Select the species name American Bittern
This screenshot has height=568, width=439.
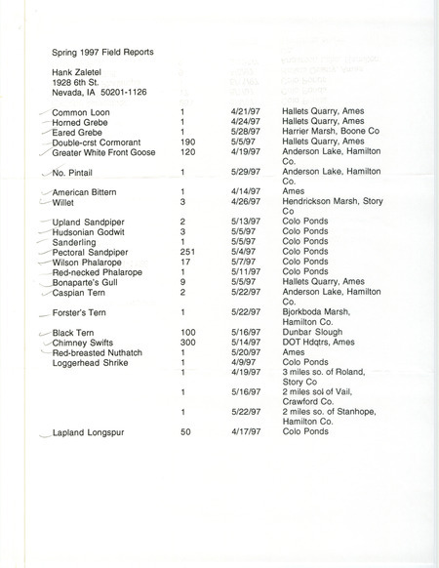(86, 193)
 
